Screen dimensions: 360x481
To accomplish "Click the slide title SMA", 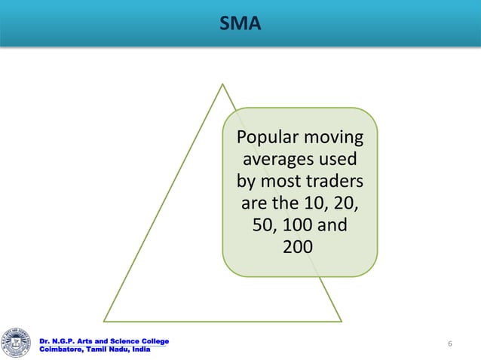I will coord(240,25).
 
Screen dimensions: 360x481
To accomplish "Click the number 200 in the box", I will coord(299,246).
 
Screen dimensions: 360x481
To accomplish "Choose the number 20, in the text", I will coord(343,203).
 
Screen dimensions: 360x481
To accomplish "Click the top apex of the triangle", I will coord(222,84).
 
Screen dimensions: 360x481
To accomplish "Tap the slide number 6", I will coord(449,344).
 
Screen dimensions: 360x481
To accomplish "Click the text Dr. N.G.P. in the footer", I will coord(57,342).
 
